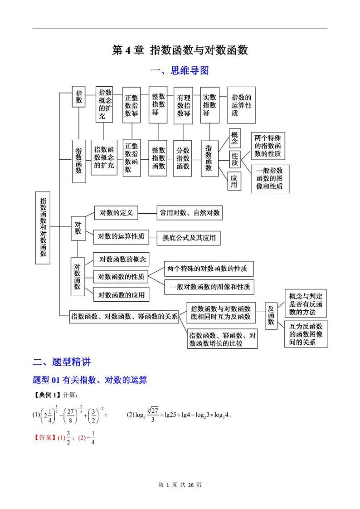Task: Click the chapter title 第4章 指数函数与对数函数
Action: click(180, 50)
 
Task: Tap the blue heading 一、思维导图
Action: click(180, 71)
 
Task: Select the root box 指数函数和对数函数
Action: click(43, 227)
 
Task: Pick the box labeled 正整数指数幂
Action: click(131, 105)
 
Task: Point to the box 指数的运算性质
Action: click(241, 105)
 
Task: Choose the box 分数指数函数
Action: click(183, 158)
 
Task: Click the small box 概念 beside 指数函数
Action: click(234, 138)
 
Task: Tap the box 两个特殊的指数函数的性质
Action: click(268, 146)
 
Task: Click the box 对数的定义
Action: click(116, 212)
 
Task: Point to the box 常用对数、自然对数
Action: click(190, 213)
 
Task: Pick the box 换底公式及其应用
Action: click(189, 238)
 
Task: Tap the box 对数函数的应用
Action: click(121, 295)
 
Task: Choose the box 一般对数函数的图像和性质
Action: click(209, 287)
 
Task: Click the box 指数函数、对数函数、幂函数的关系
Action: click(124, 317)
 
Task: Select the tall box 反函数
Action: click(271, 314)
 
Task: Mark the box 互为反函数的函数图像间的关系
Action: click(306, 334)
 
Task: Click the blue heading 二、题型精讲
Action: click(62, 362)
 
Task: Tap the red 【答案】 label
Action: click(45, 438)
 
